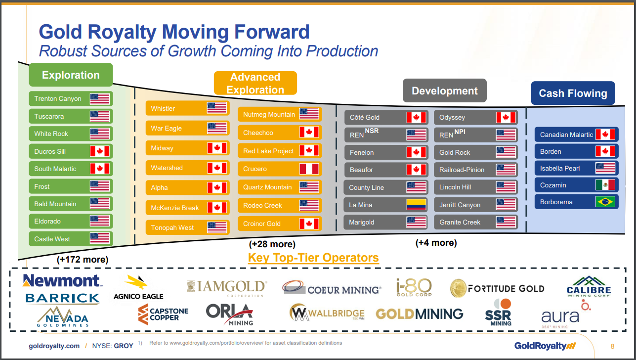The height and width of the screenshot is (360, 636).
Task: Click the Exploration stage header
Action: coord(71,75)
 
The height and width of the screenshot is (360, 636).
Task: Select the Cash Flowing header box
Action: coord(573,93)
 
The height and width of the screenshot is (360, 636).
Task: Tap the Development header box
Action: coord(445,90)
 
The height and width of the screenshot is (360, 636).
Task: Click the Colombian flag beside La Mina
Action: coord(416,205)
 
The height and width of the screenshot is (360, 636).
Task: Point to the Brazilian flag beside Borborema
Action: coord(605,202)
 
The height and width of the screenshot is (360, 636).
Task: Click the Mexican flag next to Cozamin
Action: coord(605,185)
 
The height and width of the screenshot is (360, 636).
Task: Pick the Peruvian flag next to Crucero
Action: coord(309,169)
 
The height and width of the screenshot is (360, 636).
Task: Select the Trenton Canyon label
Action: coord(58,98)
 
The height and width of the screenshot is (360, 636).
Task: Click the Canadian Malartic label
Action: coord(566,135)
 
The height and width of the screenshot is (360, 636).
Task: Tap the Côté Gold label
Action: coord(365,117)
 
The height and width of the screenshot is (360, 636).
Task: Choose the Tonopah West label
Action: coord(172,227)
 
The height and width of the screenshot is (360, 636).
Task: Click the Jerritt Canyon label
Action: coord(460,205)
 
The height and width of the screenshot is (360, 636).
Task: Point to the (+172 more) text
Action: coord(83,259)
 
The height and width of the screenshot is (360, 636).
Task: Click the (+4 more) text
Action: coord(436,243)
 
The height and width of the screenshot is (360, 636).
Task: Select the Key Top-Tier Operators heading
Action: coord(313,258)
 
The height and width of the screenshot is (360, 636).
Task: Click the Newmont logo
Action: coord(62,281)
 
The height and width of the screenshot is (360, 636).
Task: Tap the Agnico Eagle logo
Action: coord(138,287)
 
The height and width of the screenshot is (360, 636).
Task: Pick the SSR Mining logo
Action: coord(499,312)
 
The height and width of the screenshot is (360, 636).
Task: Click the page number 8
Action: coord(612,346)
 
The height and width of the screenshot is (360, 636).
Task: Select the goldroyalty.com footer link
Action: coord(54,346)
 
